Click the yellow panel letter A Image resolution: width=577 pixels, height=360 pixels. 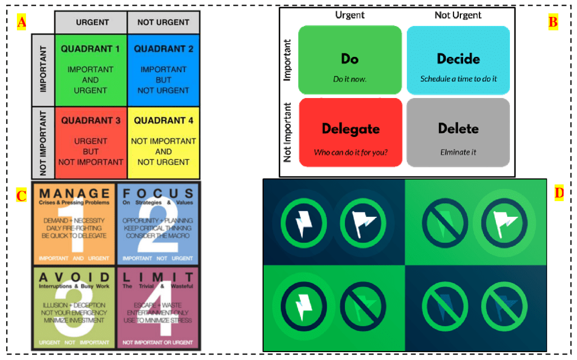click(x=21, y=23)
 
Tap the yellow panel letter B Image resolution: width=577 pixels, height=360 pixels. click(x=553, y=23)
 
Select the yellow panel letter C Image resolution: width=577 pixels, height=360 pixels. click(x=21, y=195)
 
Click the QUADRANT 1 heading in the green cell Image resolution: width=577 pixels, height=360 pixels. click(x=90, y=49)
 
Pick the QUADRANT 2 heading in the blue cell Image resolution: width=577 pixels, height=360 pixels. click(x=163, y=49)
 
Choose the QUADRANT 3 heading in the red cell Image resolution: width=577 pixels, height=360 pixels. click(x=90, y=121)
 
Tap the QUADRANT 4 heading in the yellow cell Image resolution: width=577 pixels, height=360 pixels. click(x=163, y=121)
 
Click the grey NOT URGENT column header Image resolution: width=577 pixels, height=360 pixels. click(x=163, y=22)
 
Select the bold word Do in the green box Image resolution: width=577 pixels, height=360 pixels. click(x=350, y=59)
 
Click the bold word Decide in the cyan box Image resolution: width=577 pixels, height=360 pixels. click(x=458, y=59)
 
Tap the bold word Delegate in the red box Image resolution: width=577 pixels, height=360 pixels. click(x=350, y=129)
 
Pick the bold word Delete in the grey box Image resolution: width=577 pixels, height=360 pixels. click(x=458, y=128)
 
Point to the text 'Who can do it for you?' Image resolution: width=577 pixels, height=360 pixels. click(x=350, y=152)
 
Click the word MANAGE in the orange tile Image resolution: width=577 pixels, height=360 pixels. click(x=74, y=194)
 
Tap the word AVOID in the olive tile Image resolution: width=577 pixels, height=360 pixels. click(x=74, y=277)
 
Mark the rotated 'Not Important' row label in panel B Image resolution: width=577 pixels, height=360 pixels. click(x=288, y=132)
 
